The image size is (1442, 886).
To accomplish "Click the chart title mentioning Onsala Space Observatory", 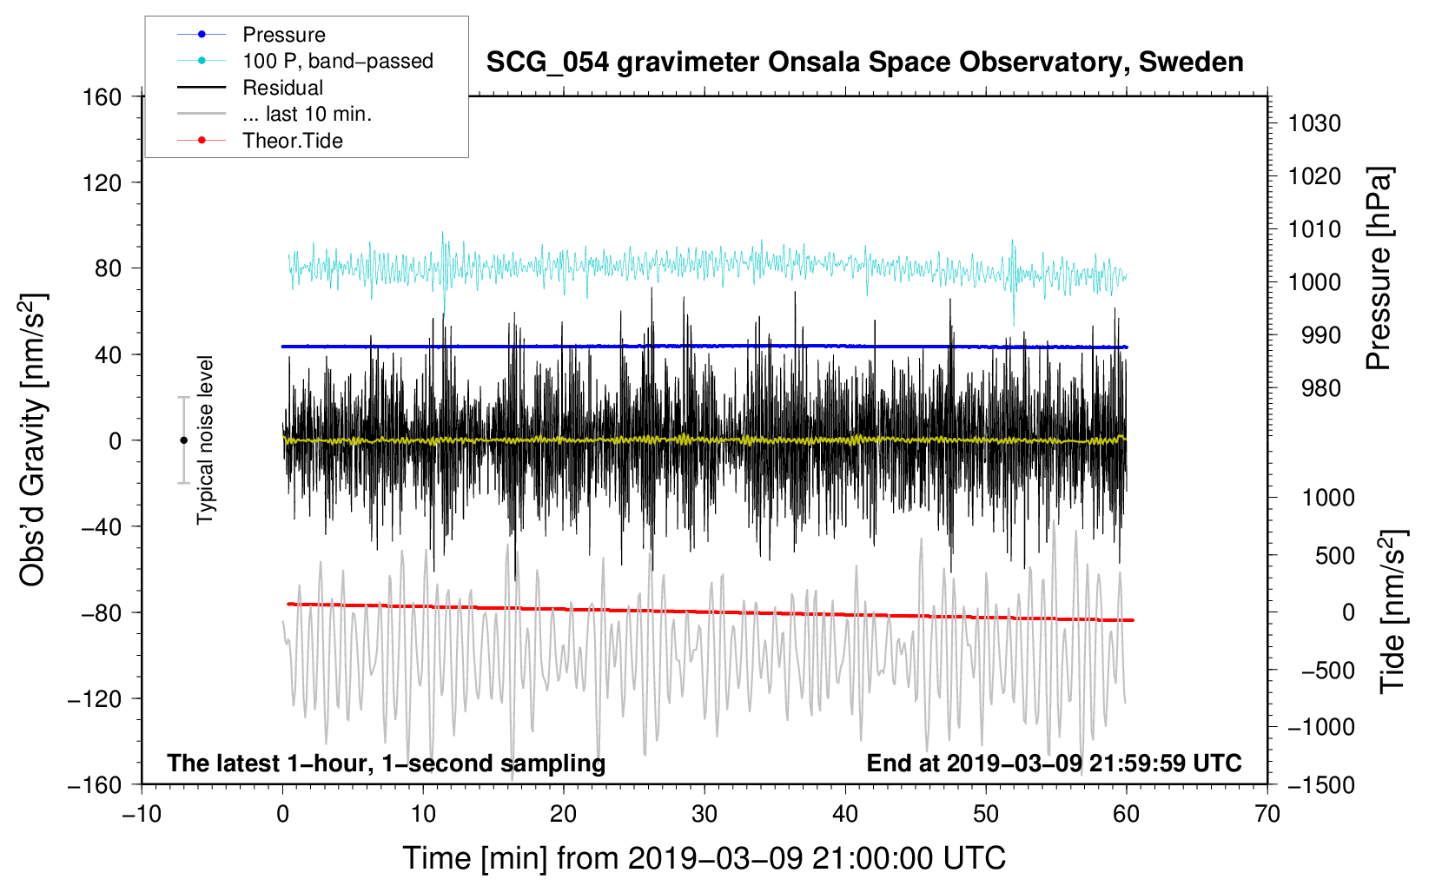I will pyautogui.click(x=864, y=63).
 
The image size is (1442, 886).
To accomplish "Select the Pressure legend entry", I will pyautogui.click(x=284, y=35).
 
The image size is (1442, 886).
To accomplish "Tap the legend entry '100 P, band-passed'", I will pyautogui.click(x=337, y=61).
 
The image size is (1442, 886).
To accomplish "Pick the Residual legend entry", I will pyautogui.click(x=282, y=88).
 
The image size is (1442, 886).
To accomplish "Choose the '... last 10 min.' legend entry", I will pyautogui.click(x=307, y=114).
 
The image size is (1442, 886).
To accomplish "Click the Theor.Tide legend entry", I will pyautogui.click(x=292, y=141).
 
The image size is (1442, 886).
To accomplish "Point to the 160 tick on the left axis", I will pyautogui.click(x=103, y=96).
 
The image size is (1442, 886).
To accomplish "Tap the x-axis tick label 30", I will pyautogui.click(x=704, y=814).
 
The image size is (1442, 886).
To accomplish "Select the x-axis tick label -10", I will pyautogui.click(x=141, y=814).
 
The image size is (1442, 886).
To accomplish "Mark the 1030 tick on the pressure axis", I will pyautogui.click(x=1314, y=123).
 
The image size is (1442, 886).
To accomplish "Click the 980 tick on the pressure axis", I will pyautogui.click(x=1320, y=388).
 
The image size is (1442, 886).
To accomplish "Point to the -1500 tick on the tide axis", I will pyautogui.click(x=1320, y=784).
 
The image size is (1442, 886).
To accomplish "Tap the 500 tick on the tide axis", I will pyautogui.click(x=1334, y=555).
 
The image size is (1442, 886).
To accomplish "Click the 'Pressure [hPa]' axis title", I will pyautogui.click(x=1379, y=269).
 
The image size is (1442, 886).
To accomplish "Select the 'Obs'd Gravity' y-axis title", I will pyautogui.click(x=33, y=440).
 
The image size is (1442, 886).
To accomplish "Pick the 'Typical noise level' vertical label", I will pyautogui.click(x=205, y=440).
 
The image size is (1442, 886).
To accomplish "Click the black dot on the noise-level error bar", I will pyautogui.click(x=183, y=440).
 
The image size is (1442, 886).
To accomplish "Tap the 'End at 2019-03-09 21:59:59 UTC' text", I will pyautogui.click(x=1054, y=764).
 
